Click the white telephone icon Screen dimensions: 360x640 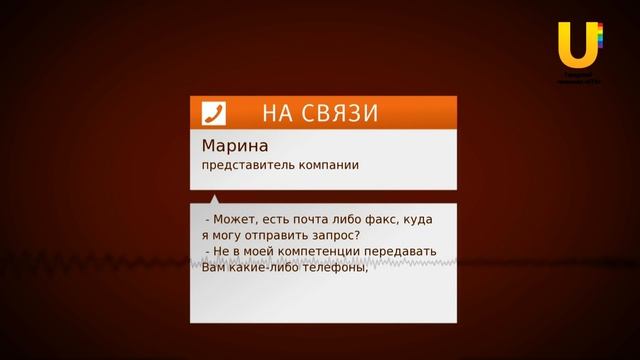pos(213,112)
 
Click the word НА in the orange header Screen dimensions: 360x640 pos(278,113)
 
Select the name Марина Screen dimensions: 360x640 pos(228,146)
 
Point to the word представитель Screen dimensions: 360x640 pos(241,165)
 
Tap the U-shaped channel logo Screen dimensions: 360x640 pos(578,45)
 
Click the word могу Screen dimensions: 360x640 pos(226,236)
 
